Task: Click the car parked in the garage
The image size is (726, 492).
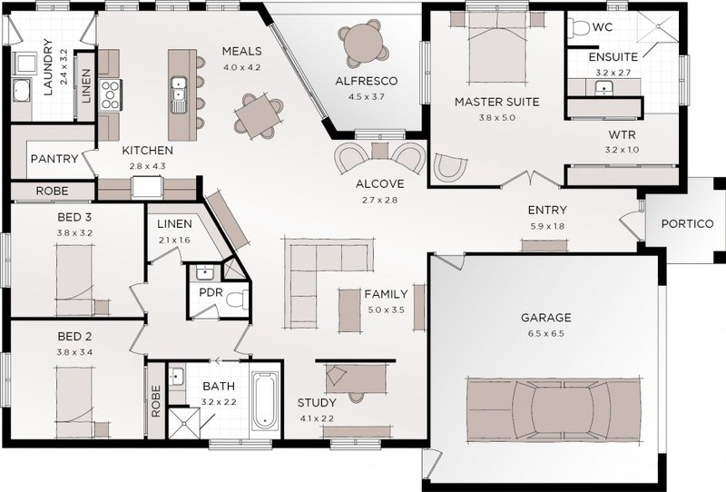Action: click(x=554, y=409)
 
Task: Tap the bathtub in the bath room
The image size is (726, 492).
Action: click(x=264, y=399)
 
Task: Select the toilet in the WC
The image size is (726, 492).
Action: click(x=578, y=28)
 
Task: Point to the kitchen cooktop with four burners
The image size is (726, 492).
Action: click(x=110, y=94)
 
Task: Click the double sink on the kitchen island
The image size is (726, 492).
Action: click(x=178, y=94)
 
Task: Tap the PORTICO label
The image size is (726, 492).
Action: click(x=687, y=224)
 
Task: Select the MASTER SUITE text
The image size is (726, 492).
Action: click(x=496, y=102)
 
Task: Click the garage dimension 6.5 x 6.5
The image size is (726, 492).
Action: click(x=546, y=333)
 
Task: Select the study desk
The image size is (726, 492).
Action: click(x=356, y=378)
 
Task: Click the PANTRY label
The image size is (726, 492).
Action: click(x=54, y=159)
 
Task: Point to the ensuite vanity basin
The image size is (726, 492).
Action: click(x=603, y=87)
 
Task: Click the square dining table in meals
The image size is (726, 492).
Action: click(x=256, y=116)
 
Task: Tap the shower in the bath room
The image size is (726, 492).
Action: click(x=184, y=423)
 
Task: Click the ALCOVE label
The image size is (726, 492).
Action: click(x=379, y=184)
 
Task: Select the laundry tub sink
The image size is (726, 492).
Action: click(x=21, y=92)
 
